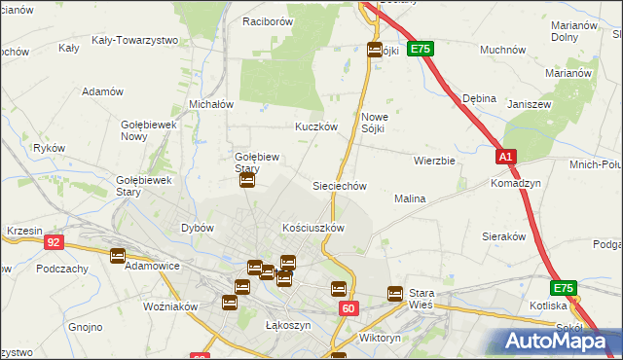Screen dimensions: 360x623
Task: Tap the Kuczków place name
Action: pyautogui.click(x=316, y=126)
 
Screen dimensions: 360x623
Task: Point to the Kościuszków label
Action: pyautogui.click(x=313, y=228)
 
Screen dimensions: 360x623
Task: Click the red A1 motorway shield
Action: pyautogui.click(x=504, y=156)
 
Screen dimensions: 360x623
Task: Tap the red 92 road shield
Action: pyautogui.click(x=54, y=242)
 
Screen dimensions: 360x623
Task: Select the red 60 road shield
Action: pyautogui.click(x=348, y=307)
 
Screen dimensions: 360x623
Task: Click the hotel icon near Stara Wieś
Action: pyautogui.click(x=395, y=293)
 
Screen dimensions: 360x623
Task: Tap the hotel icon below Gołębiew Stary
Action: pyautogui.click(x=247, y=180)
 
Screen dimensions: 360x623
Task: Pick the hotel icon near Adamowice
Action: pyautogui.click(x=118, y=256)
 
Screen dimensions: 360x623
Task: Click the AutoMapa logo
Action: pyautogui.click(x=555, y=341)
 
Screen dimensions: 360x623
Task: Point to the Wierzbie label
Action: pyautogui.click(x=434, y=161)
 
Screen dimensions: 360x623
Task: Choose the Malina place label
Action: pyautogui.click(x=410, y=198)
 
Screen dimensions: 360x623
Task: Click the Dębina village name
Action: pyautogui.click(x=480, y=98)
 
